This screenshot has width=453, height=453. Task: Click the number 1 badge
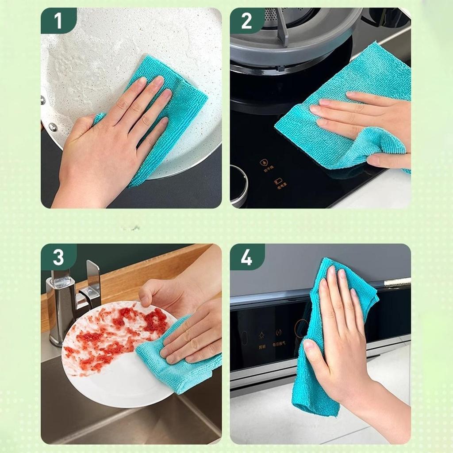58,20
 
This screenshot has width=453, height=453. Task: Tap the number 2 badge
246,20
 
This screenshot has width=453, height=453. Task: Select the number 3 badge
58,257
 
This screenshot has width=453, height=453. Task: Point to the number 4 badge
246,257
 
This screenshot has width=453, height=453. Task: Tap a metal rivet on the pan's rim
53,127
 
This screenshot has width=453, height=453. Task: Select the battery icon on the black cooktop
278,181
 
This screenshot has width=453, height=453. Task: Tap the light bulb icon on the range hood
262,333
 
